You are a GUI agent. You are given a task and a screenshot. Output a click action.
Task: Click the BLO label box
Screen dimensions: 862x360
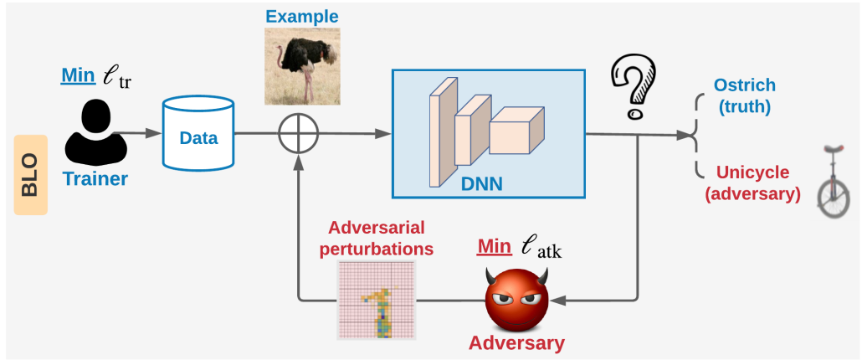click(x=31, y=175)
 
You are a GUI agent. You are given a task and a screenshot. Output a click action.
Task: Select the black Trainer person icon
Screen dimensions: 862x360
click(x=96, y=132)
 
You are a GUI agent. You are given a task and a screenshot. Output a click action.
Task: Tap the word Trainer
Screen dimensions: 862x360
click(x=95, y=178)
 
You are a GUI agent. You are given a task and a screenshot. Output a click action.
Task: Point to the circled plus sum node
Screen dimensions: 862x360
click(x=299, y=134)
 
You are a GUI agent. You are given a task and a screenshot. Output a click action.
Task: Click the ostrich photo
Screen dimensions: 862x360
click(x=302, y=66)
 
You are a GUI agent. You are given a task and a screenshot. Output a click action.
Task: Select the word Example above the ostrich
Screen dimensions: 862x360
click(x=302, y=16)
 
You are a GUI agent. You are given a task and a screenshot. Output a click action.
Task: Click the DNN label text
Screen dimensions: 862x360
click(x=481, y=183)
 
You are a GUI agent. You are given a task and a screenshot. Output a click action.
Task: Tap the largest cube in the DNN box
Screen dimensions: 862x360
click(x=516, y=131)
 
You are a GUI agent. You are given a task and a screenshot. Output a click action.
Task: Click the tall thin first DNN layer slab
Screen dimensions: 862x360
click(x=443, y=132)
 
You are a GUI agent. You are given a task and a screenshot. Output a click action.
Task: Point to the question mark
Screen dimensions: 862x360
click(x=633, y=87)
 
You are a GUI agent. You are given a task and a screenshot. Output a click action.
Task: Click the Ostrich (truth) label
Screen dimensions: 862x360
click(x=744, y=95)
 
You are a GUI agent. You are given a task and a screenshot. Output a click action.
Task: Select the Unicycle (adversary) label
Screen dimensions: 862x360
click(x=752, y=183)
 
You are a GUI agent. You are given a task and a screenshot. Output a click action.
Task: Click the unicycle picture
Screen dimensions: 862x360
click(x=834, y=181)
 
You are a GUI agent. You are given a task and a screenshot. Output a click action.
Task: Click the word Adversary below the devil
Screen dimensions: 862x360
click(x=516, y=343)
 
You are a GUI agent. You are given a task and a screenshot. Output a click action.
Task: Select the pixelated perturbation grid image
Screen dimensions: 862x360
click(x=377, y=300)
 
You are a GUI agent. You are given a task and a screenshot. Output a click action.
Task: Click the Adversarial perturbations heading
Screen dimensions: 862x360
click(x=377, y=238)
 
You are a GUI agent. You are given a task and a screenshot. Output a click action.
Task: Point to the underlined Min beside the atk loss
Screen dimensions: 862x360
click(x=495, y=246)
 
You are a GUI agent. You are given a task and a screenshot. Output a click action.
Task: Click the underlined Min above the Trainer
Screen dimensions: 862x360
click(x=79, y=75)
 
